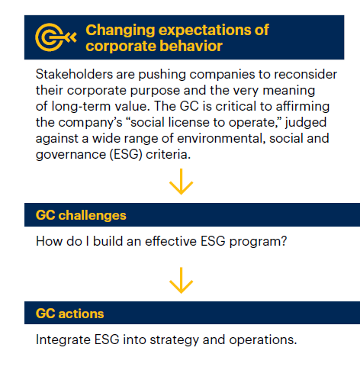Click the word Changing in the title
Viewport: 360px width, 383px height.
click(x=121, y=31)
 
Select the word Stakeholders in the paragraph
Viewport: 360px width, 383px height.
click(x=74, y=74)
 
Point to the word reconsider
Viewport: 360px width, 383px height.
click(x=305, y=74)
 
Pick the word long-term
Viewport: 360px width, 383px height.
click(x=81, y=106)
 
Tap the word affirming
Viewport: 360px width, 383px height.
click(x=303, y=106)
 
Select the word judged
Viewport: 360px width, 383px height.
click(x=306, y=122)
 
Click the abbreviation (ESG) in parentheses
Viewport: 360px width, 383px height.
click(x=126, y=155)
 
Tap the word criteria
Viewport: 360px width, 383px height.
click(x=168, y=155)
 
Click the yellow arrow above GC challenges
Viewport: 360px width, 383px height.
click(x=181, y=182)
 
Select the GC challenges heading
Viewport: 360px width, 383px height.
click(x=81, y=215)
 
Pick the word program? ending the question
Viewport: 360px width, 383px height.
click(x=258, y=241)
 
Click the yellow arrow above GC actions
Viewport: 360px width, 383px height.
click(x=181, y=280)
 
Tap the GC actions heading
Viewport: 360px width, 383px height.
click(x=70, y=314)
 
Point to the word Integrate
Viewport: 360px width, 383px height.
click(x=63, y=340)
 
